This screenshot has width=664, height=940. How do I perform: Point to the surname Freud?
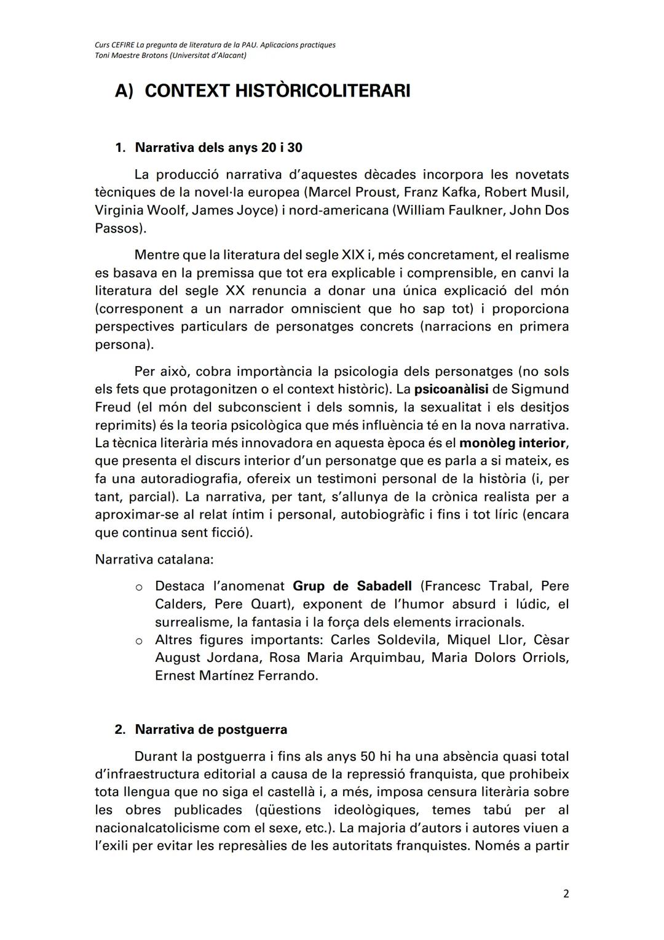[x=113, y=407]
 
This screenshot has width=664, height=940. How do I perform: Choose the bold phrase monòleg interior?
[x=512, y=443]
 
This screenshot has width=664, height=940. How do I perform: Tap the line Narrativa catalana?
[x=154, y=560]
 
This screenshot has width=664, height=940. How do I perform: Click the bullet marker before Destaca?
[x=140, y=587]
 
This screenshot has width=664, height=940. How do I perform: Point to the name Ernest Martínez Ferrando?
[x=237, y=675]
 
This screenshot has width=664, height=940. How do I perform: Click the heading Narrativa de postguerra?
[x=211, y=730]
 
